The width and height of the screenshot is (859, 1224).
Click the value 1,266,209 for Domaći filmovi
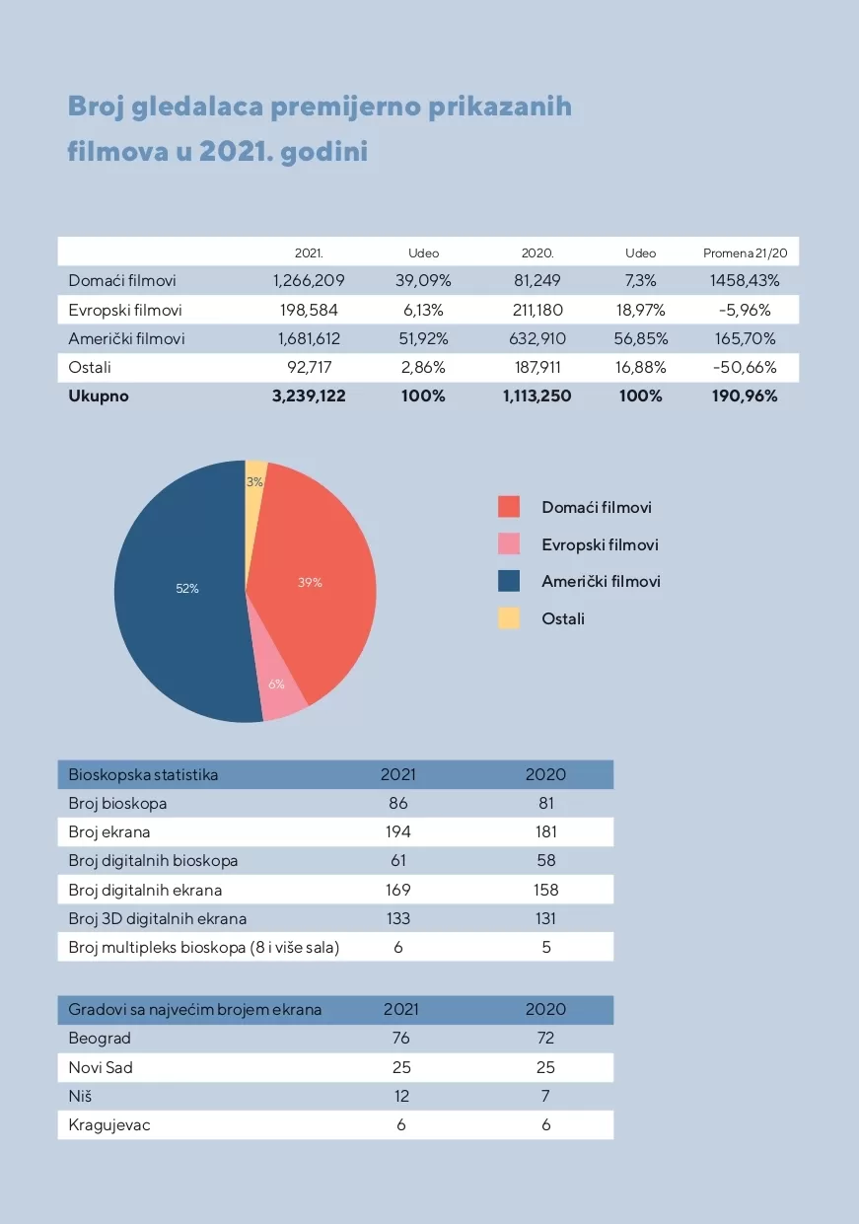point(309,281)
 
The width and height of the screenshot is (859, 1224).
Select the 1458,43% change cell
point(745,281)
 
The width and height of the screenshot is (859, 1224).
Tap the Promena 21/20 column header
point(745,253)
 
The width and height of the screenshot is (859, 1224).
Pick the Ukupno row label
point(99,396)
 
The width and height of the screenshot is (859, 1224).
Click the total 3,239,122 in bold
point(309,396)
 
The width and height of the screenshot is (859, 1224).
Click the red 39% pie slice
point(316,582)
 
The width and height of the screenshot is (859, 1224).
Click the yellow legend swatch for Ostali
point(509,618)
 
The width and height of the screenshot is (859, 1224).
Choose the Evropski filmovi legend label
point(600,544)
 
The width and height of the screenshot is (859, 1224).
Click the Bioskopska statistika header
point(143,774)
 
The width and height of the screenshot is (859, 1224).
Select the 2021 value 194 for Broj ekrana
point(398,831)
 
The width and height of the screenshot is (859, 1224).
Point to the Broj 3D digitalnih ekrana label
point(157,918)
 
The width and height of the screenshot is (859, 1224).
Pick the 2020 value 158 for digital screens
point(545,890)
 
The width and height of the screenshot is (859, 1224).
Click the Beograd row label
point(100,1038)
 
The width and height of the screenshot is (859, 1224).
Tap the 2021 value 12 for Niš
point(401,1096)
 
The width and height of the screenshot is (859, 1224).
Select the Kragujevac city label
point(109,1124)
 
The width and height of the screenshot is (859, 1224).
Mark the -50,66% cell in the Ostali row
point(745,368)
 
